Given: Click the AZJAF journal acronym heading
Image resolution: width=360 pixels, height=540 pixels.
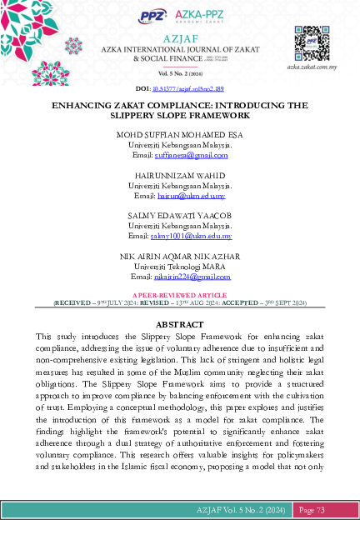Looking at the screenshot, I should (x=180, y=39).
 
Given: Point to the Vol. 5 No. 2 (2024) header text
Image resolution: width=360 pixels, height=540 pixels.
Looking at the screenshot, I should (x=180, y=72).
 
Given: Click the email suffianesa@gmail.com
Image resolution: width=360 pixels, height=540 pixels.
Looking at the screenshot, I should (x=192, y=155).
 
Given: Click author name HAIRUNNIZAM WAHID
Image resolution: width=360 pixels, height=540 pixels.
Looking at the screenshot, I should (x=180, y=175).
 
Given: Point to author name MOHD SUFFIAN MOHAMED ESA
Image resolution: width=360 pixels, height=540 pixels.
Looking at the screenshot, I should (x=180, y=135).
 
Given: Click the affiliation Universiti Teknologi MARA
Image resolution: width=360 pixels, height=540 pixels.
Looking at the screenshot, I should (x=180, y=265).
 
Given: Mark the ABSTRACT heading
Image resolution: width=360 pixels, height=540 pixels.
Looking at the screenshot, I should (x=180, y=323).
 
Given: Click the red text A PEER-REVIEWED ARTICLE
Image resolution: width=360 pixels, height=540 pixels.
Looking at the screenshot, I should (x=180, y=296).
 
